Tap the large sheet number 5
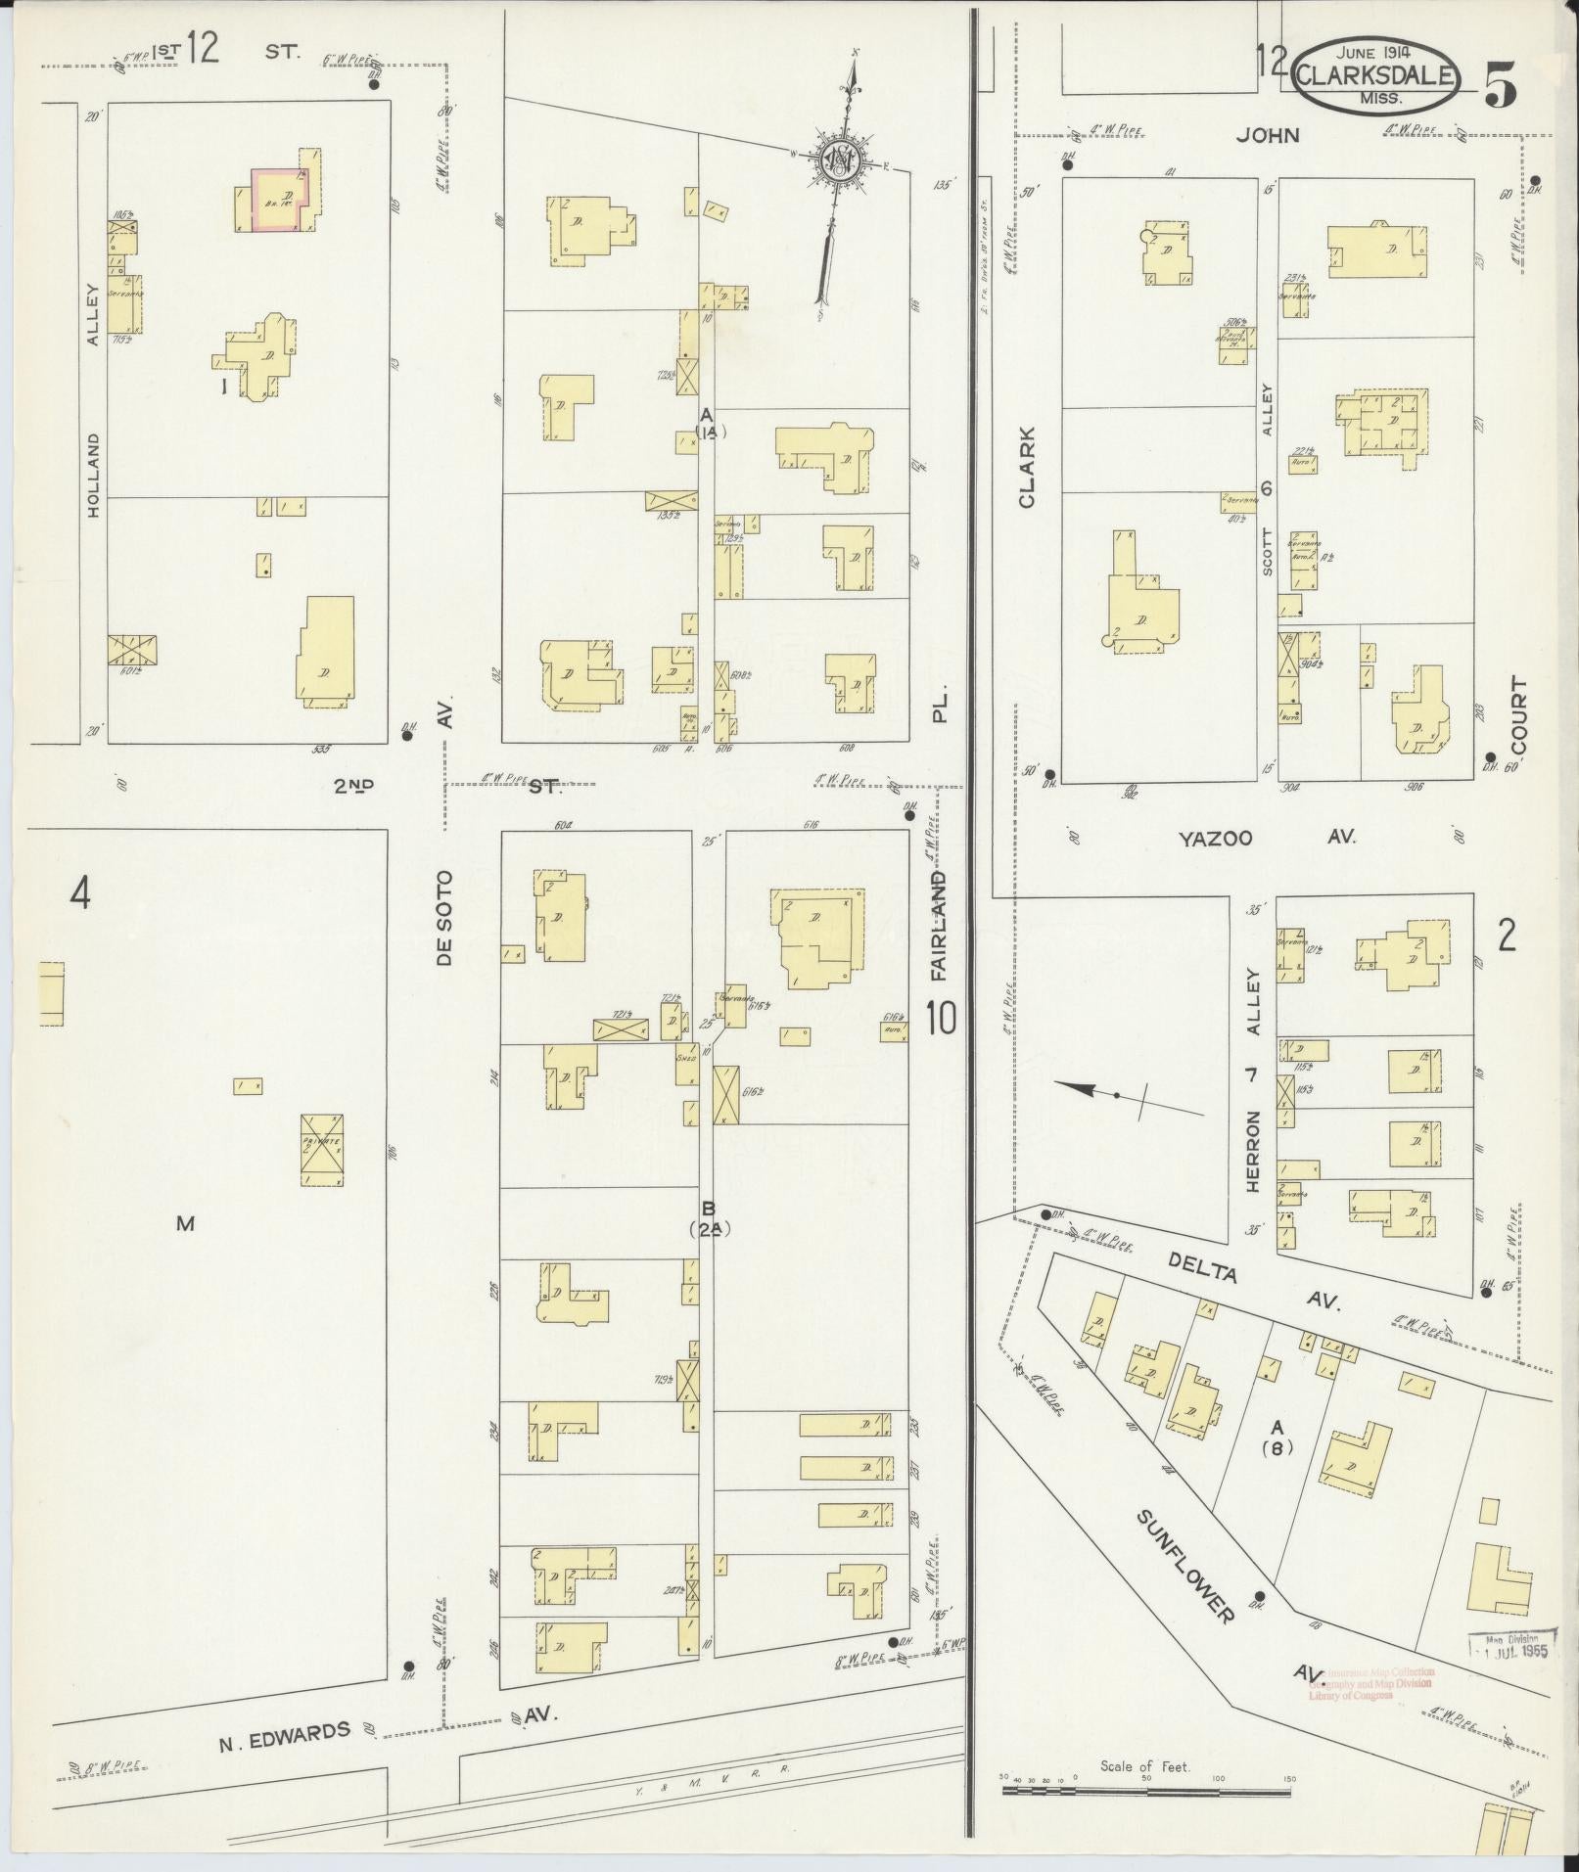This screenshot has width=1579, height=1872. [1502, 87]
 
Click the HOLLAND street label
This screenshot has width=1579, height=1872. [94, 476]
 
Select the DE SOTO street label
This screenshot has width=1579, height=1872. [446, 918]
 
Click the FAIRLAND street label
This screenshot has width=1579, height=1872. [940, 926]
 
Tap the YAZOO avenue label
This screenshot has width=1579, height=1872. [1216, 838]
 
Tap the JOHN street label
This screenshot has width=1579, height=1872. [1267, 136]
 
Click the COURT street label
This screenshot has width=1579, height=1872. [1518, 711]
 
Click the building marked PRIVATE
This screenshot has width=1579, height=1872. [320, 1149]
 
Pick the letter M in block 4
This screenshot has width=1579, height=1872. [185, 1222]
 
